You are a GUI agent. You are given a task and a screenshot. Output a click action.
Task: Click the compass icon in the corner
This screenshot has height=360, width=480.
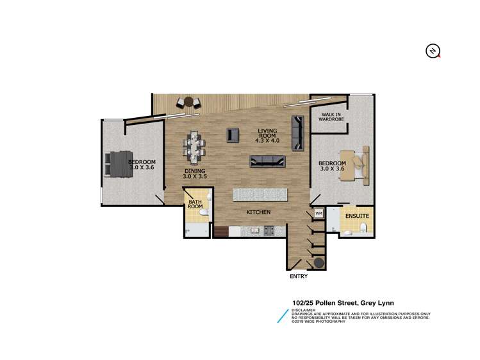tap(434, 51)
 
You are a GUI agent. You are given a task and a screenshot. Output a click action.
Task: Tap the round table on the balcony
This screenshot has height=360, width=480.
tap(188, 101)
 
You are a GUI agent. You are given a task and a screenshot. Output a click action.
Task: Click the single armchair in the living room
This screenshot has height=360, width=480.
tap(233, 135)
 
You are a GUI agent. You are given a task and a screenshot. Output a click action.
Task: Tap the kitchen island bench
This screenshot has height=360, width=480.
tap(260, 194)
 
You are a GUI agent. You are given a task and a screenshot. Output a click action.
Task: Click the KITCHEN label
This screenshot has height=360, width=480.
tap(259, 212)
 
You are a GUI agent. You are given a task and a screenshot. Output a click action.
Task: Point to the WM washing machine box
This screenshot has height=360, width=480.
tap(319, 213)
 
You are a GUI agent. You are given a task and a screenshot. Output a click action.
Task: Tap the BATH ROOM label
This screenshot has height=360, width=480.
tap(195, 209)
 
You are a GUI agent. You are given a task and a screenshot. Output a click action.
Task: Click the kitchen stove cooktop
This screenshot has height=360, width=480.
tap(270, 231)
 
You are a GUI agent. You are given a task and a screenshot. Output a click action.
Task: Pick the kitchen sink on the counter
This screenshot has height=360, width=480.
tap(253, 231)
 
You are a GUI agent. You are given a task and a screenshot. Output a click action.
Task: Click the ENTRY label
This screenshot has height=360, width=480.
tap(299, 277)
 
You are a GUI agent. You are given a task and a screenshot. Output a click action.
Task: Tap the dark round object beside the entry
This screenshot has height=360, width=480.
tap(318, 262)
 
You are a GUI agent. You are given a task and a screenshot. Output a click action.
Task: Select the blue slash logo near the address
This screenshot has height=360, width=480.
tap(281, 315)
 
